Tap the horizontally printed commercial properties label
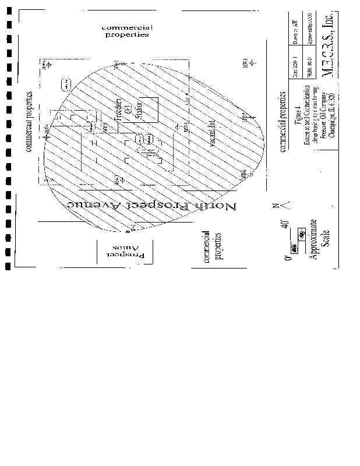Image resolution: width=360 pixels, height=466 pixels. coord(125,31)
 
